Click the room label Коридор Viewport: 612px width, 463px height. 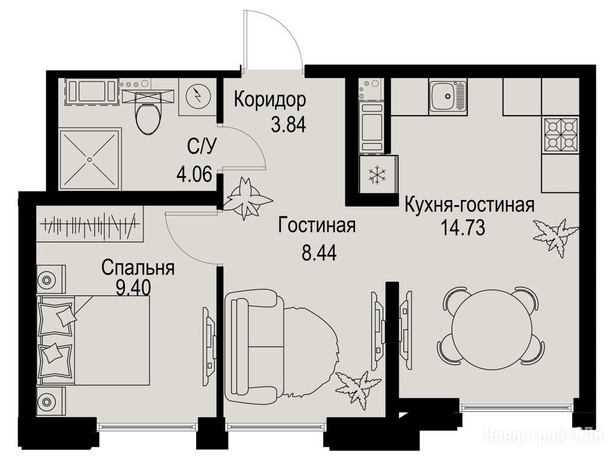point(270,99)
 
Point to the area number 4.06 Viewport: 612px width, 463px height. point(194,173)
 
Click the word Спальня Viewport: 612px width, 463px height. point(138,268)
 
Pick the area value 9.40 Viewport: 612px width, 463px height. point(133,288)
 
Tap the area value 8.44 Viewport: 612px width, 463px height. point(319,253)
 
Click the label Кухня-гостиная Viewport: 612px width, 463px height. point(469,205)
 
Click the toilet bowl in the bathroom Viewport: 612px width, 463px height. point(148,117)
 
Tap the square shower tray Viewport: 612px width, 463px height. point(89,159)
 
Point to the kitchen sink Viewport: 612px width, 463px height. point(447,96)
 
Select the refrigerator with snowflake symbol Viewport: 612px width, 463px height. point(377,175)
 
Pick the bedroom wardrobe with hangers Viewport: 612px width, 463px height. point(90,224)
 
